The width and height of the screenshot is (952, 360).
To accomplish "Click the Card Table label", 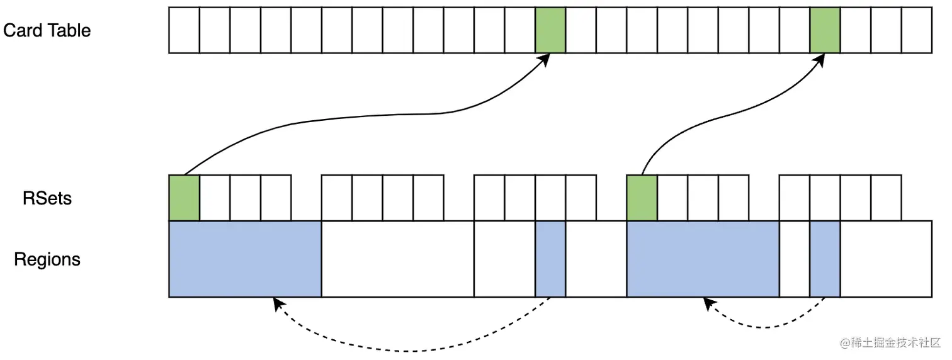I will (x=47, y=30).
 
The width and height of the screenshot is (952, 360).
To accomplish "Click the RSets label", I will (x=47, y=198).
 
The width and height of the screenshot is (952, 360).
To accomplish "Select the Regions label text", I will (x=47, y=259).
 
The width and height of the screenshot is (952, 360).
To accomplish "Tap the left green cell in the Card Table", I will (x=550, y=30).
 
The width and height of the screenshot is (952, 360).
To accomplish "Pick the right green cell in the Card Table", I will (x=825, y=30).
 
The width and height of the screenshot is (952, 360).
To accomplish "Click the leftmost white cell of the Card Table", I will (x=184, y=30).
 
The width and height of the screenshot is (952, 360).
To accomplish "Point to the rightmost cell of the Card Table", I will (x=917, y=30).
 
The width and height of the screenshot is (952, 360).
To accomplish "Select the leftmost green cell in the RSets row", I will (x=184, y=198).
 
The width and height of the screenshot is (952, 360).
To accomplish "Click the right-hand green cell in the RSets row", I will (x=642, y=198).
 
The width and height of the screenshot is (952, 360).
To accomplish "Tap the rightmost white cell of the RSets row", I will (x=886, y=198).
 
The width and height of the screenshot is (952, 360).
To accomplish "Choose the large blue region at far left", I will (x=245, y=259).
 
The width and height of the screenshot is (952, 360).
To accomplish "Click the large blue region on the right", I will (x=703, y=259).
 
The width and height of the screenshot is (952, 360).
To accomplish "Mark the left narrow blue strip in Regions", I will (x=550, y=259).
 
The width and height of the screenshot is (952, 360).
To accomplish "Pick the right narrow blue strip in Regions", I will (x=825, y=259).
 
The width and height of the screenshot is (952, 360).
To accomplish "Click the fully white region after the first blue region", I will (x=397, y=259).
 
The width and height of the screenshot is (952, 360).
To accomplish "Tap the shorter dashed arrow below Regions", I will (x=765, y=327).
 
